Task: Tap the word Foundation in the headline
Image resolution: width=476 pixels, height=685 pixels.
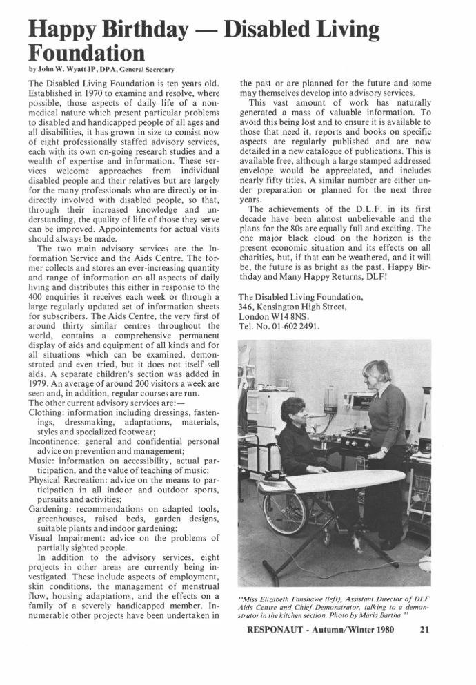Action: click(87, 52)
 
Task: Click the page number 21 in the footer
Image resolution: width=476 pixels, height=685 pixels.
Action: click(425, 629)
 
